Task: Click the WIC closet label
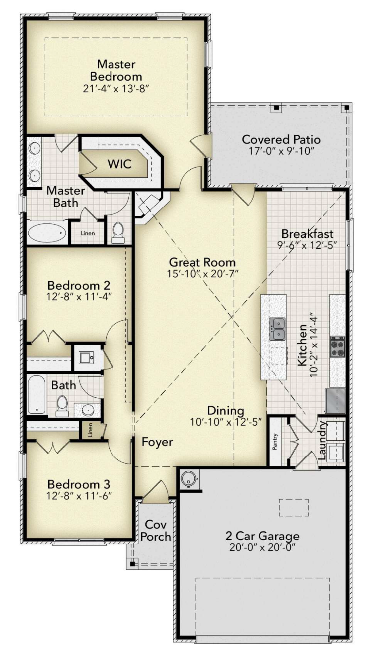[119, 164]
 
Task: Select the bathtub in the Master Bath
[46, 233]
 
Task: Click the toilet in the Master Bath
[118, 232]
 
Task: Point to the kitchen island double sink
[277, 329]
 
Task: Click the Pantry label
[275, 442]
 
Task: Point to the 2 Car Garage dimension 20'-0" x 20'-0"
[262, 547]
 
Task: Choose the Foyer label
[157, 442]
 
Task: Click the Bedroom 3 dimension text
[79, 495]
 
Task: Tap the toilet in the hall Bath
[62, 405]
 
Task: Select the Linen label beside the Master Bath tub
[88, 233]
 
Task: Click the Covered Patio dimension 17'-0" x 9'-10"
[281, 151]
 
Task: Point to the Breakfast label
[307, 234]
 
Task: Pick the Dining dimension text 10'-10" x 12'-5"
[226, 422]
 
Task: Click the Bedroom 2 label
[79, 285]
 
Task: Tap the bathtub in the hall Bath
[36, 394]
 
